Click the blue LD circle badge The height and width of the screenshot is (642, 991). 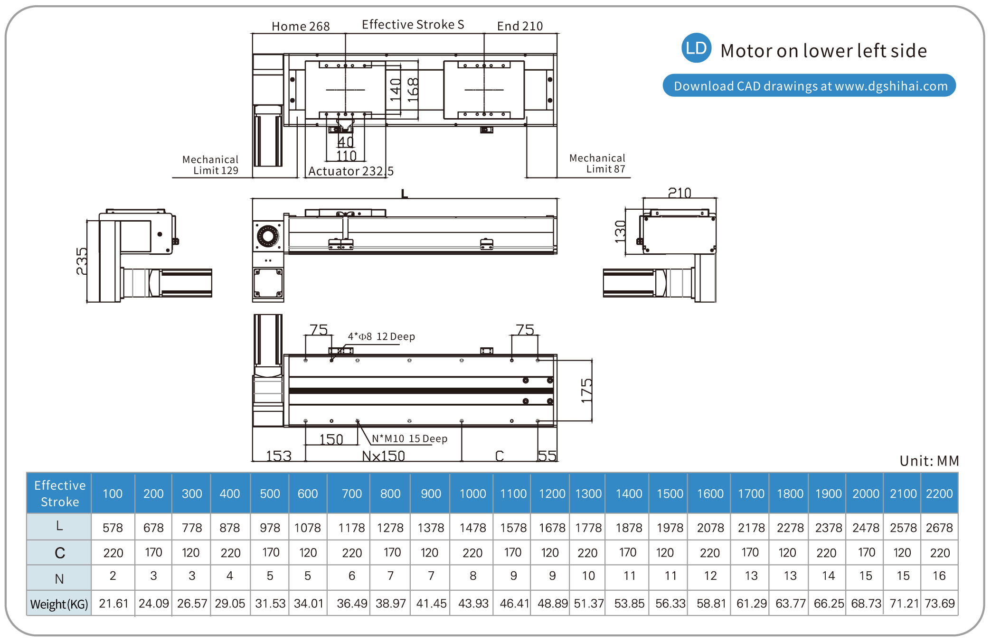pos(696,48)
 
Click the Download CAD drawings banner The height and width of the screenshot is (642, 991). pos(809,86)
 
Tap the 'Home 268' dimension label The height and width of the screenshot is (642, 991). pos(301,26)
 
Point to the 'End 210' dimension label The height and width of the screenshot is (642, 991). pos(519,26)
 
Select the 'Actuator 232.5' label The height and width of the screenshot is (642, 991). pos(350,171)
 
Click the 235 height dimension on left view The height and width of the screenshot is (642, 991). pos(82,261)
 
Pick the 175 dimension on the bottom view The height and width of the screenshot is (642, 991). pos(587,391)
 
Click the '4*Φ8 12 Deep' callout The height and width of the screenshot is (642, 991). pos(381,336)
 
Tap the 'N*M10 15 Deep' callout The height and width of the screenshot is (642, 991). pos(409,438)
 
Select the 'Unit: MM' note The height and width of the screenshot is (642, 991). pos(929,461)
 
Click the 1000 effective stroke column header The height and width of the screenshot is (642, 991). pos(472,494)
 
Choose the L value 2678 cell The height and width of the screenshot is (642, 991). pos(939,528)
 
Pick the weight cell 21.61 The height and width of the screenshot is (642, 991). pos(113,604)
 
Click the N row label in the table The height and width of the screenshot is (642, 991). pos(59,578)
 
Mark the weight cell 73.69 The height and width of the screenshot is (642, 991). pos(939,604)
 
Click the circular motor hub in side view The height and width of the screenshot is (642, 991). pos(268,236)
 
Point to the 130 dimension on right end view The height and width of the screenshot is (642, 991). pos(620,231)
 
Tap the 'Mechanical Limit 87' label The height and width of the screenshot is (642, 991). pos(597,164)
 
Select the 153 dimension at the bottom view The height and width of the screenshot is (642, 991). pos(279,456)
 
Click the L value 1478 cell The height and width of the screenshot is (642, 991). pos(472,528)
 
